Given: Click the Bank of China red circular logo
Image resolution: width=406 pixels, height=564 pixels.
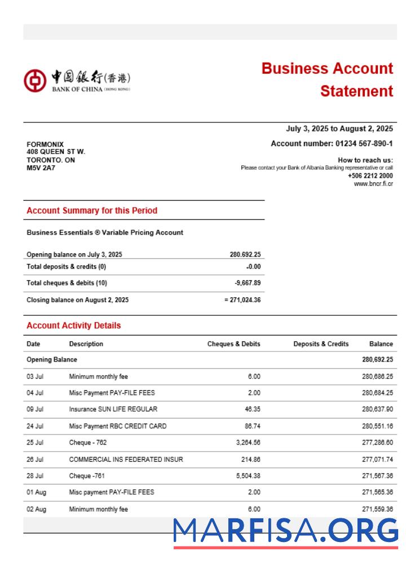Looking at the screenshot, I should tap(34, 81).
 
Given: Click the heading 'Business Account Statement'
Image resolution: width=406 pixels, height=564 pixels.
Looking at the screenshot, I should tap(327, 80).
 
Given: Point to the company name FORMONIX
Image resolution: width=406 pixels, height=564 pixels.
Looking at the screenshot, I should tap(45, 144).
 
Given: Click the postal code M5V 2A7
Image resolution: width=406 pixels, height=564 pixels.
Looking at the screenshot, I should tap(41, 168).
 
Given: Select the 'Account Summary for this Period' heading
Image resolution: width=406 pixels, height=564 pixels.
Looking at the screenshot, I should tap(92, 210).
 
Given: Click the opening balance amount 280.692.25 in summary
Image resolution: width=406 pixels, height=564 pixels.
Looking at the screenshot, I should tap(245, 254).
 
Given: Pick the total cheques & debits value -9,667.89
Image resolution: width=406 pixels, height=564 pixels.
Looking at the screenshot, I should tap(248, 283).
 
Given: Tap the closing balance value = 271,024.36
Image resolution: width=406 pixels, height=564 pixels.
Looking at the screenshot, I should tap(242, 300).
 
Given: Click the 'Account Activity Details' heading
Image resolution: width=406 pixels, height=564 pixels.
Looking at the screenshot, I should tap(73, 325).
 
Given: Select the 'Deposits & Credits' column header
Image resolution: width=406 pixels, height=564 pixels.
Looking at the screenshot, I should tap(321, 344).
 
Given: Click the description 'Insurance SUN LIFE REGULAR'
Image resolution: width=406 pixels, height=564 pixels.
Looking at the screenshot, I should tap(113, 409).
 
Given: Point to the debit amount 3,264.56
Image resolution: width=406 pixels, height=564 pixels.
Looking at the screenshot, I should tap(246, 443).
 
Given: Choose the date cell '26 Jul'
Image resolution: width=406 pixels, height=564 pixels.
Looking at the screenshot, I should tap(35, 460).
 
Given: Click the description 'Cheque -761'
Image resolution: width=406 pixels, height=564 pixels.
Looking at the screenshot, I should tap(87, 476).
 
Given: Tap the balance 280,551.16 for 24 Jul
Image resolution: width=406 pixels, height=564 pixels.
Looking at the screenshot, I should tap(377, 426).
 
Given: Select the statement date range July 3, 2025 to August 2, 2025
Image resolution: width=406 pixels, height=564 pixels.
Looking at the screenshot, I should tap(339, 129).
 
